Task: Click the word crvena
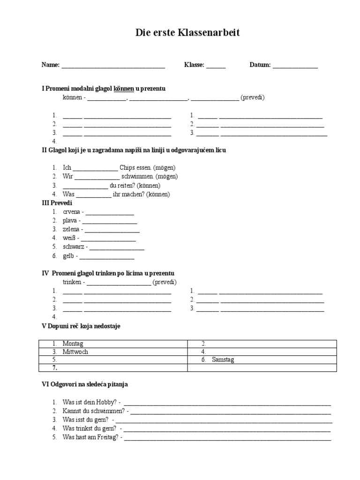click(72, 212)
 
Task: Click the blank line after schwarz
click(117, 247)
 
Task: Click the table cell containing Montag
click(114, 344)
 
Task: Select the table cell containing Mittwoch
click(114, 352)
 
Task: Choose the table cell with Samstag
click(262, 360)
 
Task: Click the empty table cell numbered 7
click(114, 368)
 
